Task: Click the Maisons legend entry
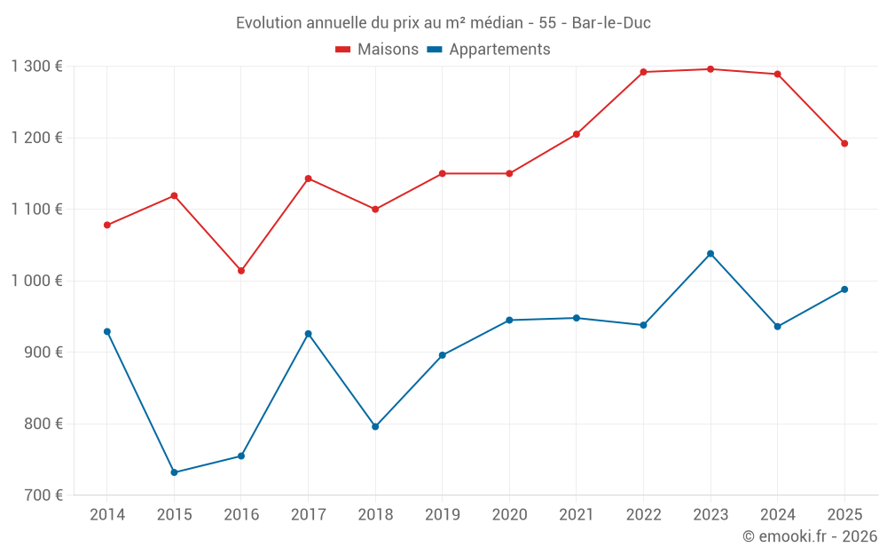pos(377,50)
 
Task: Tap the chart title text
pos(443,23)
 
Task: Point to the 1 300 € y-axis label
pos(37,67)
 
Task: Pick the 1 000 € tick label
pos(37,281)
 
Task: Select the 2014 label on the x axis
pos(107,515)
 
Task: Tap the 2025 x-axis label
pos(844,515)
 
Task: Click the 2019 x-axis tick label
pos(443,515)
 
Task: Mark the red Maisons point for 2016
pos(241,271)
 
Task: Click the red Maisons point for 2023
pos(710,69)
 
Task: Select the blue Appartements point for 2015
pos(174,472)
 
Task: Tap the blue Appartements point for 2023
pos(710,254)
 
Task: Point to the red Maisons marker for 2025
pos(844,144)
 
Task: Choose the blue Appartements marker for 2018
pos(375,427)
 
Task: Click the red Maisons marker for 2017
pos(308,178)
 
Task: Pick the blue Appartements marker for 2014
pos(107,332)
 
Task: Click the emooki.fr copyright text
pos(810,536)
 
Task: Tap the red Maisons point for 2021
pos(577,134)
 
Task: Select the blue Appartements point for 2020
pos(509,320)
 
